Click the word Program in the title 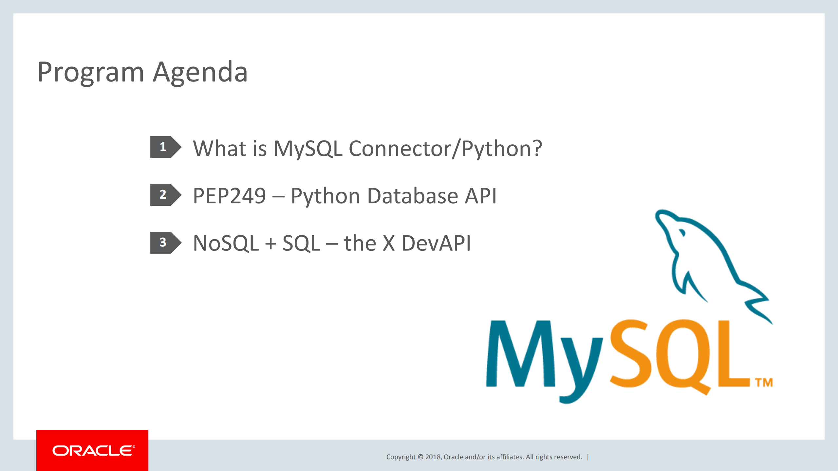coord(91,73)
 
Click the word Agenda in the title coord(200,73)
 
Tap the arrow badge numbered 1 coord(165,147)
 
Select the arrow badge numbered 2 coord(165,195)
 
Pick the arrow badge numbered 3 coord(165,243)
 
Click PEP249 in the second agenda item coord(230,196)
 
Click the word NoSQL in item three coord(226,244)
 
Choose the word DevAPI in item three coord(436,244)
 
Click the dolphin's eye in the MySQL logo coord(682,233)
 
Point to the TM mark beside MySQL coord(764,382)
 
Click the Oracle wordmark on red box coord(93,451)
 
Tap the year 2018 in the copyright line coord(433,457)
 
